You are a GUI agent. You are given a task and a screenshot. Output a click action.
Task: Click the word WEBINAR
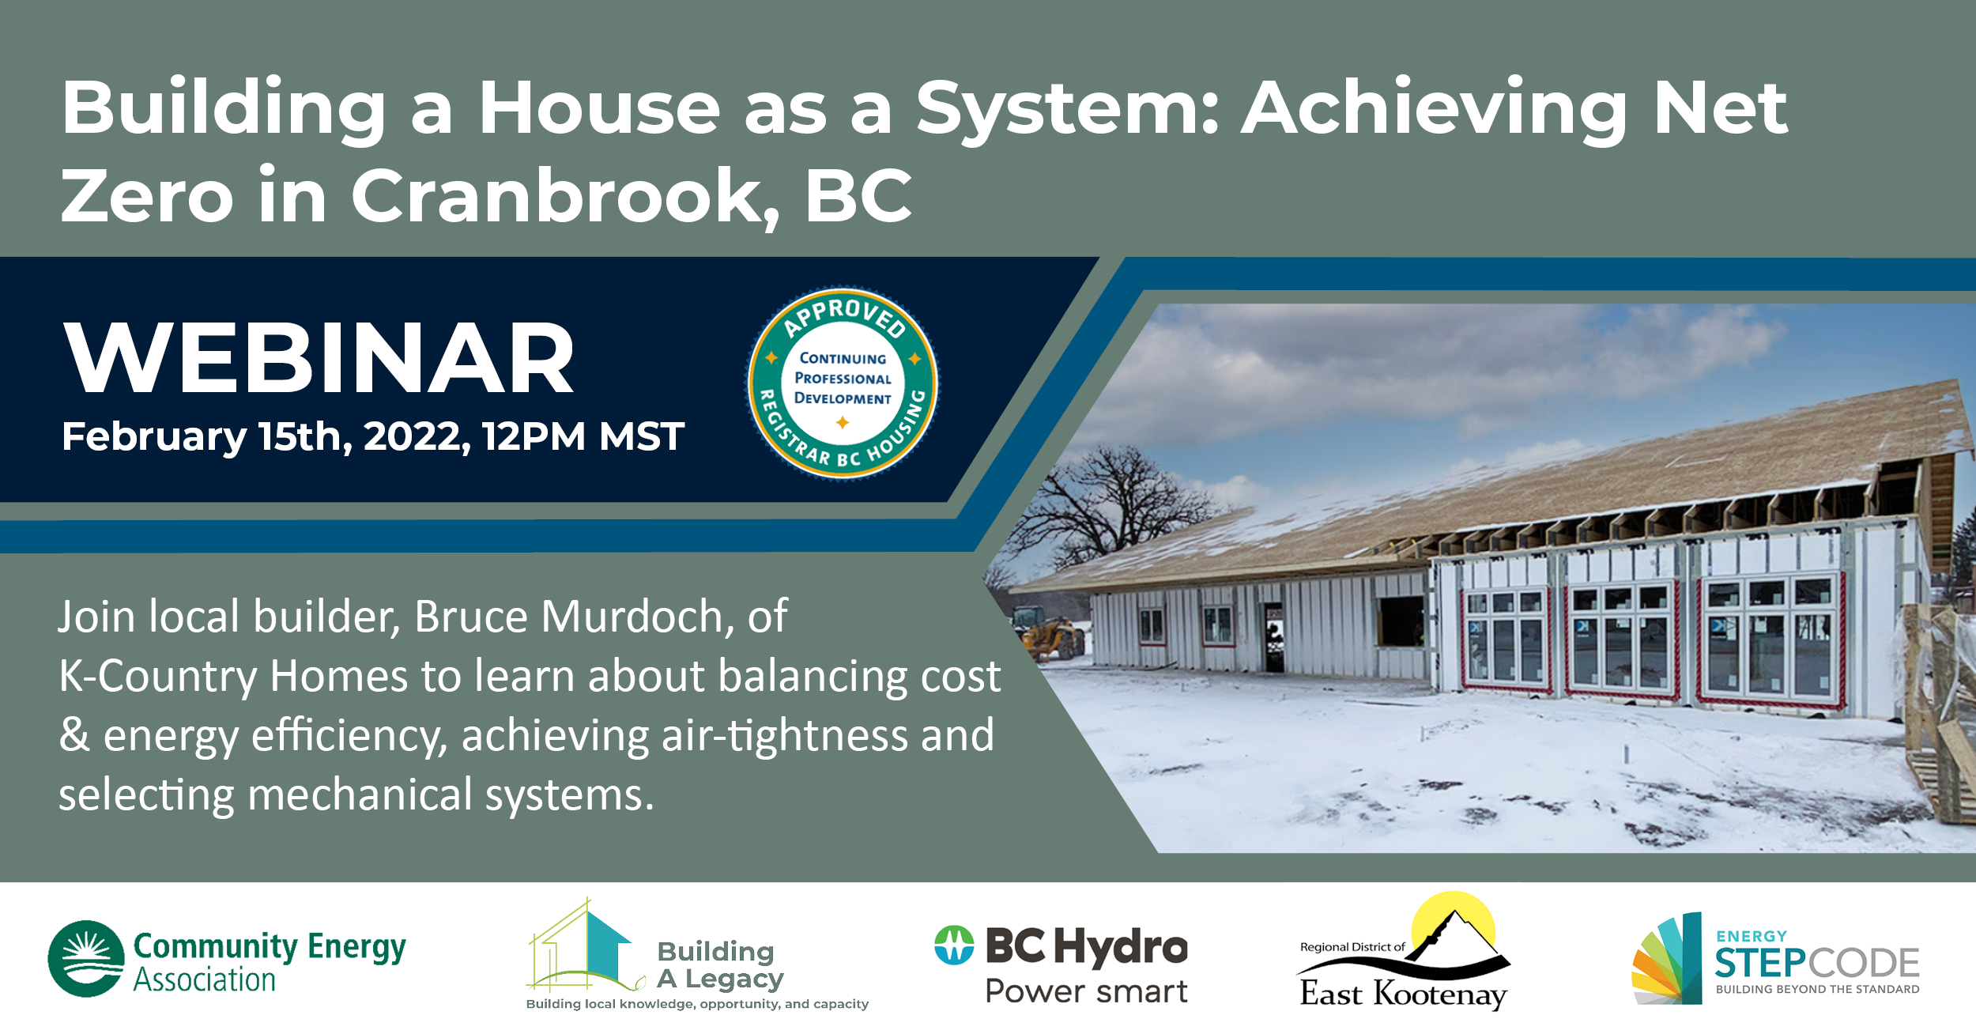tap(319, 357)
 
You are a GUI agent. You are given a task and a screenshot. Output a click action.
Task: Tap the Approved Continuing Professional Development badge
tap(843, 383)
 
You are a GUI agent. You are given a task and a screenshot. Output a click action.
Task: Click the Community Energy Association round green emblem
tap(86, 958)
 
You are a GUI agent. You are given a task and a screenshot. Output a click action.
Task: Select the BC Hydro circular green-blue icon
tap(954, 945)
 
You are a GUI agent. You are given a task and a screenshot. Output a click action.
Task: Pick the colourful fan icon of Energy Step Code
tap(1666, 958)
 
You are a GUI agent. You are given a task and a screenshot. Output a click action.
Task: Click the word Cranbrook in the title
tap(566, 196)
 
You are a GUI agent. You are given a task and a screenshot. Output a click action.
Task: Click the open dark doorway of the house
tap(1273, 637)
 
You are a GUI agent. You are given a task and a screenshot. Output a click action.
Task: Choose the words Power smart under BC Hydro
tap(1086, 991)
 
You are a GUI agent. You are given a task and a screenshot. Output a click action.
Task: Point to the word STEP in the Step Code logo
tap(1760, 963)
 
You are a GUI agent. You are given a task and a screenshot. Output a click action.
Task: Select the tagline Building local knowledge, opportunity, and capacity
tap(697, 1004)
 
